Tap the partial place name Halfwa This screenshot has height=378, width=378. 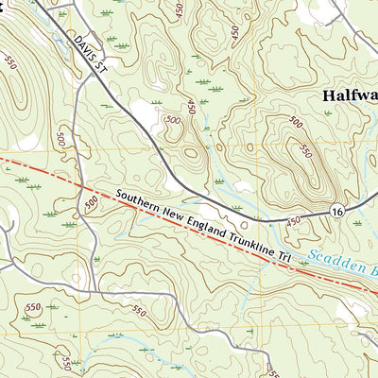pos(350,95)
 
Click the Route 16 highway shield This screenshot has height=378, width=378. pos(337,215)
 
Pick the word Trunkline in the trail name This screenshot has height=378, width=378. pos(241,235)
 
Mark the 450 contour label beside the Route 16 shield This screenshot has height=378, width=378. pos(294,220)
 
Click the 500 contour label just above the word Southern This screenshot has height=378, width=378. pos(92,202)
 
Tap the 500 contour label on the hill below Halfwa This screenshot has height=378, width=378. pos(295,122)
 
